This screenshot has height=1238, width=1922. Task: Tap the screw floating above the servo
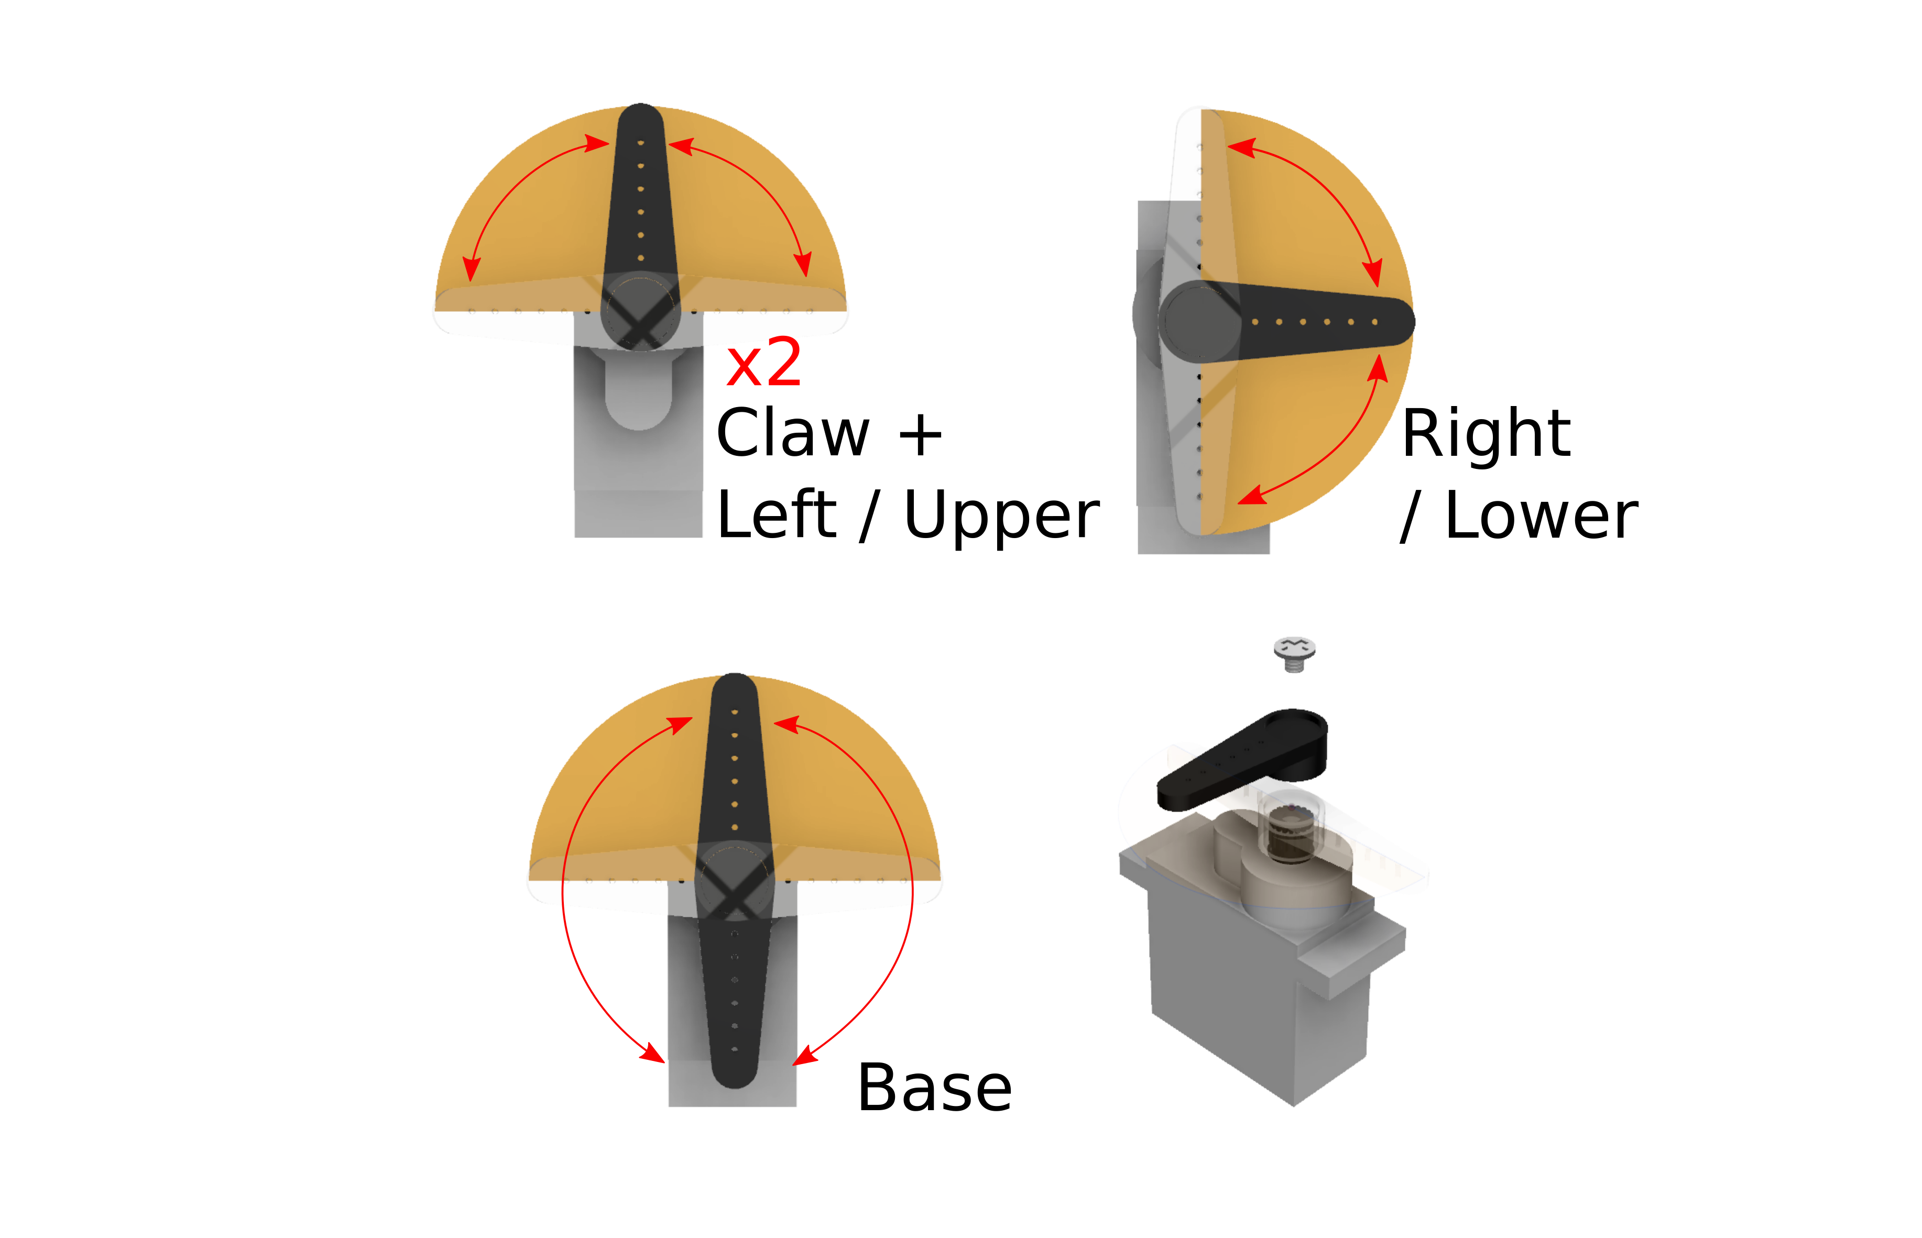point(1294,653)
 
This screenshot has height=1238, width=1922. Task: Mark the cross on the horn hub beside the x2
point(641,322)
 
